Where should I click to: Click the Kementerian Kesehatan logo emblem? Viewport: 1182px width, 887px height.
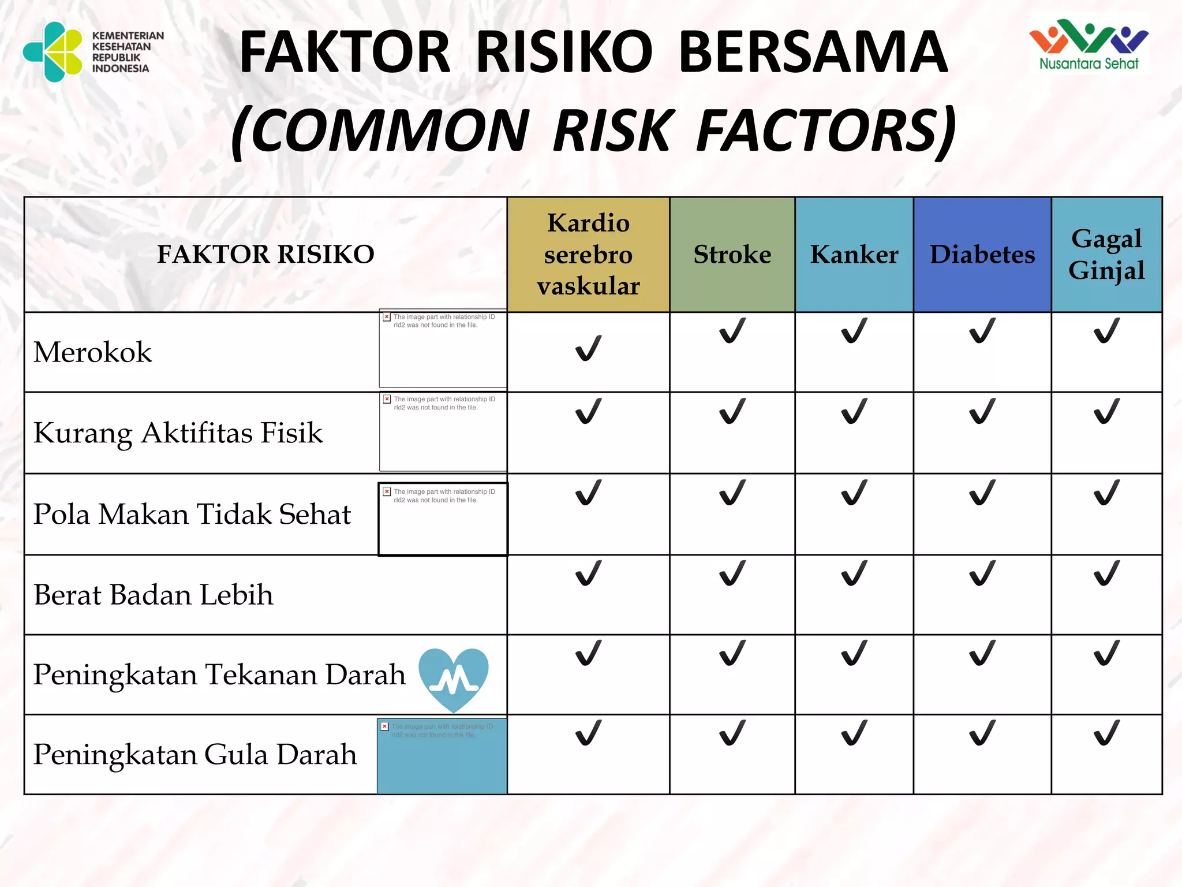tap(53, 52)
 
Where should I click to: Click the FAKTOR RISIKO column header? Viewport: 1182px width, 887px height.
tap(265, 254)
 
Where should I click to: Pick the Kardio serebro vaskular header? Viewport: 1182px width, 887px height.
tap(588, 254)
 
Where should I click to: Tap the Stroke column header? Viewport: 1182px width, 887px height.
tap(732, 254)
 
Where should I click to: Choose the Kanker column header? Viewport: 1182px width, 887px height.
tap(854, 254)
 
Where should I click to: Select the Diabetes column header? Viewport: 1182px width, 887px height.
tap(982, 254)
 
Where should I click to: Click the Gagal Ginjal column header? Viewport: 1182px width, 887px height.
tap(1106, 254)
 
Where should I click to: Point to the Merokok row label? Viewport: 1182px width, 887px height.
tap(92, 352)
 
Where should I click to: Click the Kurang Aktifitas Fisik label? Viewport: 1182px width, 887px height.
tap(178, 433)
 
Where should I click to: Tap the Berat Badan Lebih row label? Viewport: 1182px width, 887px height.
tap(153, 594)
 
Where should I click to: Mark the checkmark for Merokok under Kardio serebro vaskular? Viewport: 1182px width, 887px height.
tap(588, 348)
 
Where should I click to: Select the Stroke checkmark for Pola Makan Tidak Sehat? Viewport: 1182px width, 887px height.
tap(732, 493)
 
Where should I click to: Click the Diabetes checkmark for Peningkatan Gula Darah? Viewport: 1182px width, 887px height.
tap(982, 733)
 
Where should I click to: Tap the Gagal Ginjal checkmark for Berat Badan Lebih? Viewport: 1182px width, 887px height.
tap(1106, 573)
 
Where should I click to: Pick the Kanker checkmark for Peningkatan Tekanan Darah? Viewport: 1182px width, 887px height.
tap(854, 653)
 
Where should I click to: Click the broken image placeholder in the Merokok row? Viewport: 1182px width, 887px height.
tap(443, 348)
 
